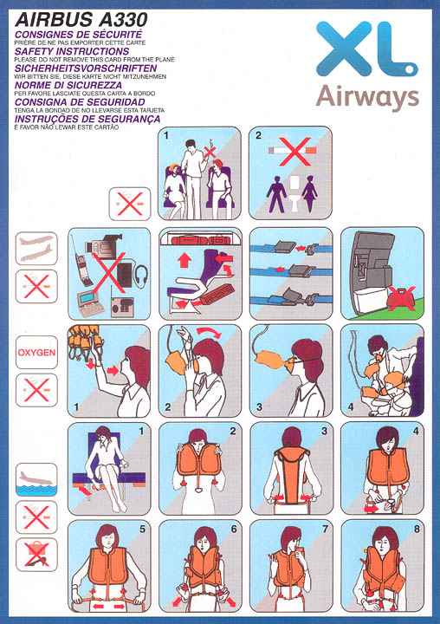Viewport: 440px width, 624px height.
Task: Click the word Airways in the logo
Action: [367, 97]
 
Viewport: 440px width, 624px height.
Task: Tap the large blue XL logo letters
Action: [367, 49]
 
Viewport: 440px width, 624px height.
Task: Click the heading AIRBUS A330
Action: [81, 19]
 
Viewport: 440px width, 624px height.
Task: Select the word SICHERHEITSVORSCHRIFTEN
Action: [86, 68]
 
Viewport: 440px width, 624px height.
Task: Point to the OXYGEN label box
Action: [36, 352]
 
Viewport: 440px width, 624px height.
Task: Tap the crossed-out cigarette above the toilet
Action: [294, 151]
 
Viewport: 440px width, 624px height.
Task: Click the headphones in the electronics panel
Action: [142, 275]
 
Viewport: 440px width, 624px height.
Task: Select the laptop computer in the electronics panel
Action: [91, 303]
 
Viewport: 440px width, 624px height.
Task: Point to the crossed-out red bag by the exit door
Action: [401, 298]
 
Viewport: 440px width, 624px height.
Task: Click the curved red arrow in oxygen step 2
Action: [210, 331]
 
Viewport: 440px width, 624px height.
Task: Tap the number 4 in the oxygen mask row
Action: [351, 406]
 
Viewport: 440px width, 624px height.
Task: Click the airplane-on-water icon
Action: [36, 479]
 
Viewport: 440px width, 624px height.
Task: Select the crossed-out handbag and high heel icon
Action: [36, 555]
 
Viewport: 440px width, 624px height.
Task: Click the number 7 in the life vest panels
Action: [325, 529]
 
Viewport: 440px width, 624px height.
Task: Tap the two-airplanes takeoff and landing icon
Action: [36, 249]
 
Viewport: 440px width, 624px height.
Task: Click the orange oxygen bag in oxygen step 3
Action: [269, 361]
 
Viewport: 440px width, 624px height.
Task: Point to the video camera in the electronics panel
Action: [103, 245]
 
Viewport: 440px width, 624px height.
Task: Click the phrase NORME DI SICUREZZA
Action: [68, 85]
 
